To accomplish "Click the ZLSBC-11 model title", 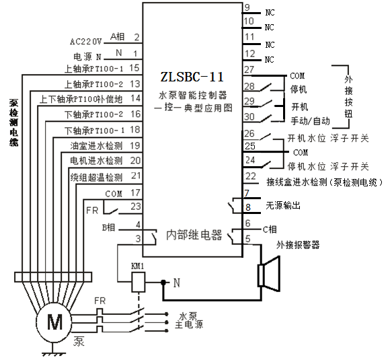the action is (x=192, y=77).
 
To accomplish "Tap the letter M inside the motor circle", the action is (x=54, y=322).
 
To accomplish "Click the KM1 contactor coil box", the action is (x=139, y=282).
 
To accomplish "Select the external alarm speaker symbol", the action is (x=269, y=273).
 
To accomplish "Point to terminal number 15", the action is (x=134, y=67).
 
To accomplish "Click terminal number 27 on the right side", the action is (x=249, y=69).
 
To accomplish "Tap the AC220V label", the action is (x=86, y=41).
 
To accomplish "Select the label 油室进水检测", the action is (x=96, y=145).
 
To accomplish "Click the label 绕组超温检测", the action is (x=96, y=178).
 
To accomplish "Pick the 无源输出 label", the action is (x=283, y=206).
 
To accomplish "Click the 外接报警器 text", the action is (x=298, y=245).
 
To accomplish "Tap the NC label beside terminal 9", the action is (x=270, y=13).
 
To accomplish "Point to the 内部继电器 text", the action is (x=194, y=235).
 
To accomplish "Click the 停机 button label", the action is (x=299, y=89).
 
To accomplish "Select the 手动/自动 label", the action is (x=310, y=121).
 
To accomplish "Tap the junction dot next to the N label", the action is (x=163, y=283).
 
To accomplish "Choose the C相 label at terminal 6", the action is (x=270, y=229).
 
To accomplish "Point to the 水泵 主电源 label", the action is (x=189, y=320).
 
